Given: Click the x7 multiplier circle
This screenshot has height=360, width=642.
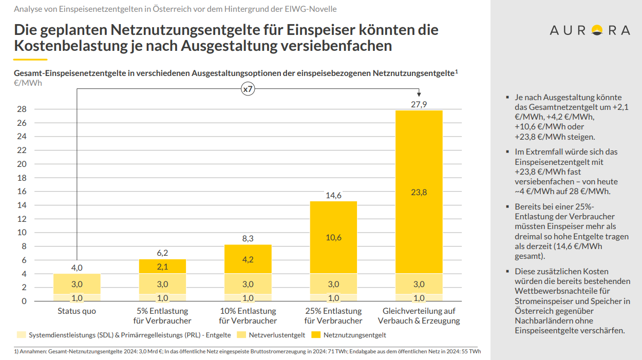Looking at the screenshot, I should pos(248,89).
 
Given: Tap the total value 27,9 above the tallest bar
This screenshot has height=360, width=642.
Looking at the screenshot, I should pos(419,104).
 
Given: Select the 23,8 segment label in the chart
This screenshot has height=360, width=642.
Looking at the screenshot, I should pos(419,193).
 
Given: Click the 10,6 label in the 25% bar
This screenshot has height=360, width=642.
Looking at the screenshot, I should pos(333,237).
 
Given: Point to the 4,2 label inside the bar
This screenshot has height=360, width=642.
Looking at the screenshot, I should pos(248,259).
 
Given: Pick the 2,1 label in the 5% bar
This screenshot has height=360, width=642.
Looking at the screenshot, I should pos(162,266).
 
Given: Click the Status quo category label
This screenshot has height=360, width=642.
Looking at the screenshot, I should pos(77,311).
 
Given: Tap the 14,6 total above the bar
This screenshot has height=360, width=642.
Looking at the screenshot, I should pos(333,196).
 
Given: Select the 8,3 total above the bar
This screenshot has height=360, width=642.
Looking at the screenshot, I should pos(248,238).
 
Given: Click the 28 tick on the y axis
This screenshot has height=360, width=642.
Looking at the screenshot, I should pos(21,109).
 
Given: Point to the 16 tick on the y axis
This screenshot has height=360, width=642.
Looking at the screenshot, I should pos(21,192).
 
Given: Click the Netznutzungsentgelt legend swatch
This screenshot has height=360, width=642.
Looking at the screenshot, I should pos(315,335).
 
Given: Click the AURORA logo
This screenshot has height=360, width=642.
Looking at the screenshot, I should pos(590,30).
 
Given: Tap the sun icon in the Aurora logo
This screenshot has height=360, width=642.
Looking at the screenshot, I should pos(597,31).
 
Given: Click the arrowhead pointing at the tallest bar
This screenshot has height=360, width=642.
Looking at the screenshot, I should pos(419,94).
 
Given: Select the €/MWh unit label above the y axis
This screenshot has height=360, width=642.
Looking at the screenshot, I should pos(28,83).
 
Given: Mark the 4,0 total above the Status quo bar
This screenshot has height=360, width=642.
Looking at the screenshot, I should pos(77,268).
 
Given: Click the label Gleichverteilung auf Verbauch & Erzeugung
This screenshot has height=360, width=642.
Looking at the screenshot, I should pos(419,316).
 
